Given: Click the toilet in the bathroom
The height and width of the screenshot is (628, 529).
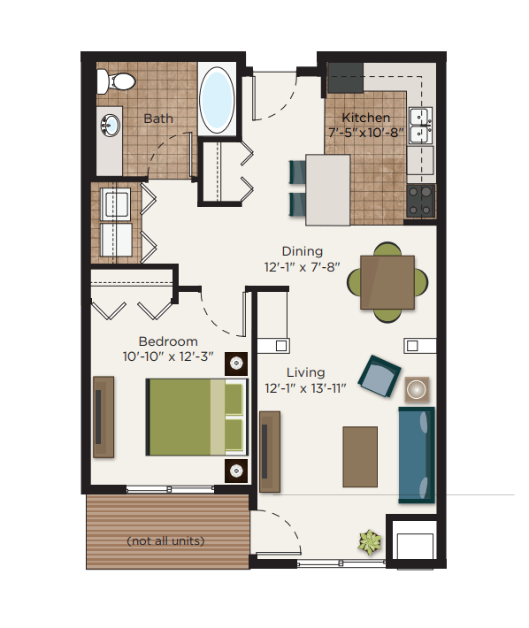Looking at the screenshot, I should tap(116, 82).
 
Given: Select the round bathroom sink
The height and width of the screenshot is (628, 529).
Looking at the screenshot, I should tap(111, 126).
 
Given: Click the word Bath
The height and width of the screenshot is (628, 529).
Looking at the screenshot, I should tap(158, 119).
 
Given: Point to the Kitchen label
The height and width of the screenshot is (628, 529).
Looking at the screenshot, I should tap(366, 118).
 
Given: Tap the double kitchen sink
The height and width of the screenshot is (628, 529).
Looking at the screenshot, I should tap(420, 125).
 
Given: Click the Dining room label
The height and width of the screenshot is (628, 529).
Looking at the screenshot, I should tap(302, 251).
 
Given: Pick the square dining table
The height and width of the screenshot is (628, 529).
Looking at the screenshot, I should tap(387, 282).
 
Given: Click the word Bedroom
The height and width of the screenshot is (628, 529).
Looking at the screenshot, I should tap(168, 341).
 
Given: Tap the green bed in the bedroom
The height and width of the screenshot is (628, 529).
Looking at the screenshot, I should tap(195, 416).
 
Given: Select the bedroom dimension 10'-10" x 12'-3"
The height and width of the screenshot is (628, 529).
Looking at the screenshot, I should tap(168, 356).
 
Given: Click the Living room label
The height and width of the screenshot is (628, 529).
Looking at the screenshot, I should tap(306, 372).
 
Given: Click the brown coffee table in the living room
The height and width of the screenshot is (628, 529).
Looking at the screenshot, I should tap(360, 456).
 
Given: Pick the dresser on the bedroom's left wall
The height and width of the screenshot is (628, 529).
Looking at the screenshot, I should tap(103, 417).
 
